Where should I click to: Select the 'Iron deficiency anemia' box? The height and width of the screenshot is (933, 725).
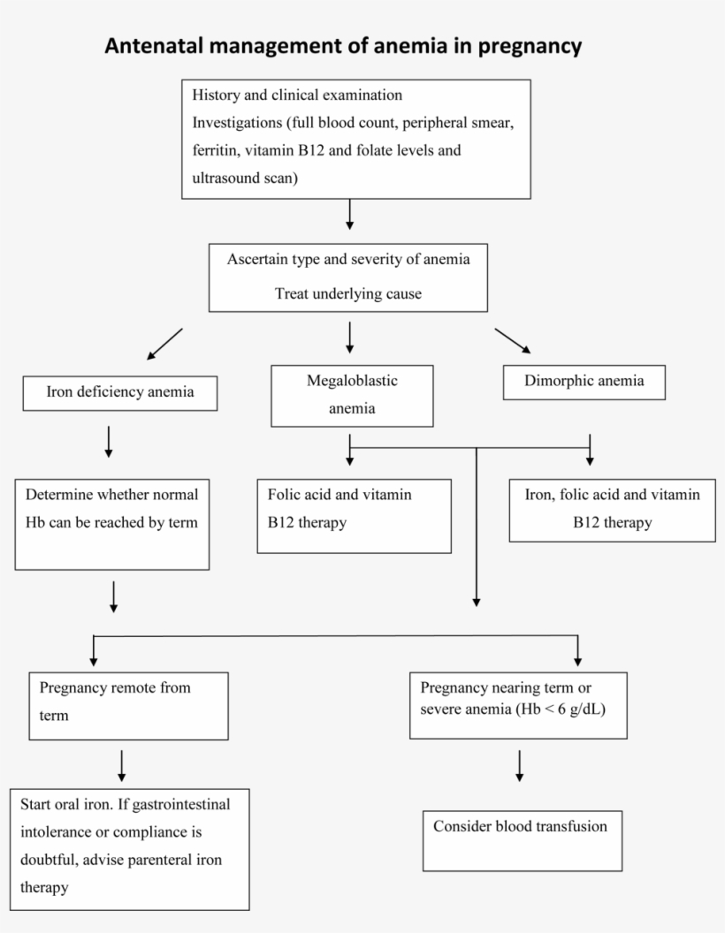120,393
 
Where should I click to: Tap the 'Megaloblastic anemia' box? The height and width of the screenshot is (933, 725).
352,395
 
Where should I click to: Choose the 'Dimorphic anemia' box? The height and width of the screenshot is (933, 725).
584,382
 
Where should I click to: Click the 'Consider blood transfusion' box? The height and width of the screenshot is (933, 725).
521,840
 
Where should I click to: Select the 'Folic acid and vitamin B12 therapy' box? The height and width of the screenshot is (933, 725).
354,515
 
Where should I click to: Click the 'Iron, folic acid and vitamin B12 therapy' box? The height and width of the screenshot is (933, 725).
613,510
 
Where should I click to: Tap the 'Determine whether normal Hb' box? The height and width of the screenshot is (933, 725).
112,523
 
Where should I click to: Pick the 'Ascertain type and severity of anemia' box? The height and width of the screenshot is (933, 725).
348,277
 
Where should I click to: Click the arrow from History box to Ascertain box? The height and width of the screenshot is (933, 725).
350,214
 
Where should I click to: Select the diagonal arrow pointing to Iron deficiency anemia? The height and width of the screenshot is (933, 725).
164,344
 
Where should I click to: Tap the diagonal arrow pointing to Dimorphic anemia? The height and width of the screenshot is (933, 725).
512,341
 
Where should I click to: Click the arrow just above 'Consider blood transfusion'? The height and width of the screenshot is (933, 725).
519,765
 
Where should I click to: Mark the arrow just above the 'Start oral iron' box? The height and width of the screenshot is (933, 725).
120,765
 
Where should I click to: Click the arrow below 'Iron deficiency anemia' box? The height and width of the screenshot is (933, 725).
109,441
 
